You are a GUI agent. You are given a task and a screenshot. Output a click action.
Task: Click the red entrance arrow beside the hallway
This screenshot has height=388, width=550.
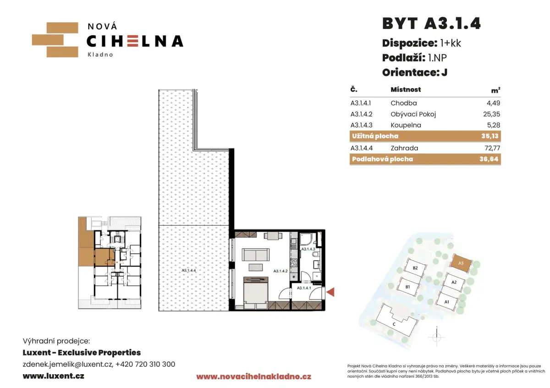point(330,292)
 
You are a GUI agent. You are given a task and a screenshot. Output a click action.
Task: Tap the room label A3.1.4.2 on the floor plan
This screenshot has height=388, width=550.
point(280,271)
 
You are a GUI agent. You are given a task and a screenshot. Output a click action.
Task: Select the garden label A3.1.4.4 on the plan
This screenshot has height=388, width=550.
point(188,271)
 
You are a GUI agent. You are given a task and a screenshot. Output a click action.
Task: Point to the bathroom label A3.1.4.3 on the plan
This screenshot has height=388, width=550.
point(308,249)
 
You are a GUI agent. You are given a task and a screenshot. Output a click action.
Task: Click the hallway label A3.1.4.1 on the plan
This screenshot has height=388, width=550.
point(304,288)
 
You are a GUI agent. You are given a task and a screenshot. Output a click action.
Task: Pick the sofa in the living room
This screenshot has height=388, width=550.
point(256,255)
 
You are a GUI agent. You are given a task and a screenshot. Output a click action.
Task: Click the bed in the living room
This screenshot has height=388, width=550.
point(256,293)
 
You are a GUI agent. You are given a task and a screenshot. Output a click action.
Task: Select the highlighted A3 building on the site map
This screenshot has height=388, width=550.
point(461,263)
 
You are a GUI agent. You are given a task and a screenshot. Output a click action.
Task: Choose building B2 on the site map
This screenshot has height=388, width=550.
point(415,268)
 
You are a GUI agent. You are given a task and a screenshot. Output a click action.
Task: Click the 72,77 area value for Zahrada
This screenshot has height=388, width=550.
point(492,148)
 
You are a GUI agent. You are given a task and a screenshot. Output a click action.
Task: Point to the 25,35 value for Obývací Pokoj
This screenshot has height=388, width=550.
point(491,114)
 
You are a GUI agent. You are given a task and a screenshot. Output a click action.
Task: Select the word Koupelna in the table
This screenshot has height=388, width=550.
point(406,125)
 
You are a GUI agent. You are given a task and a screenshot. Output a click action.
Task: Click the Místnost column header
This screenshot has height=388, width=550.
point(406,89)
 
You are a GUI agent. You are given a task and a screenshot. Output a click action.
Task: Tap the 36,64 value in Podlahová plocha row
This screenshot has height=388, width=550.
point(489,159)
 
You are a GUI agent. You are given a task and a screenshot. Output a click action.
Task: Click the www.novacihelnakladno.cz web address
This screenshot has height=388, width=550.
point(253,377)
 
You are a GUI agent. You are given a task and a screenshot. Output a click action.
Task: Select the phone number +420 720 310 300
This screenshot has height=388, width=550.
point(145,364)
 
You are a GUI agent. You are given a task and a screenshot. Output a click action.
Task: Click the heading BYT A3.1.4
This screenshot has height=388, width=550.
point(431,23)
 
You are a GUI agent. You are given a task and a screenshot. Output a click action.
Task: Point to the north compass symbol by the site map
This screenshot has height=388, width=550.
point(436,337)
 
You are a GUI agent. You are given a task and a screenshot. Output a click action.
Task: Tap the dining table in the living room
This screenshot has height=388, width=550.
point(273,236)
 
